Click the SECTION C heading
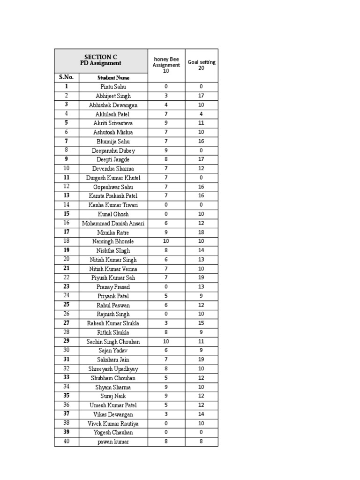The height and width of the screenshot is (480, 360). click(101, 57)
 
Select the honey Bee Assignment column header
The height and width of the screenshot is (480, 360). click(166, 65)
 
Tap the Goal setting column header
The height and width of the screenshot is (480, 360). click(202, 65)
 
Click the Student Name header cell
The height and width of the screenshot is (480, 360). click(113, 78)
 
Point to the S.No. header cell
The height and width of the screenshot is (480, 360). click(67, 77)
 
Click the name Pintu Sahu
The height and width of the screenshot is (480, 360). click(113, 87)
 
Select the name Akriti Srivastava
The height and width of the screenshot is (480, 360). click(113, 123)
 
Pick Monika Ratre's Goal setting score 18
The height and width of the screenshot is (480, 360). click(201, 232)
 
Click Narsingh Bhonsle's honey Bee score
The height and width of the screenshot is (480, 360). click(166, 241)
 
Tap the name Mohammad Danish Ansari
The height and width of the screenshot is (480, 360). click(113, 224)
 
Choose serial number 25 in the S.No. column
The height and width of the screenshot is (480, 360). click(67, 305)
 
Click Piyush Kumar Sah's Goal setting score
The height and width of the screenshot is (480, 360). click(201, 278)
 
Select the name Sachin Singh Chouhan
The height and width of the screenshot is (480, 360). click(113, 342)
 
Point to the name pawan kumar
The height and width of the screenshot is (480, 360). click(113, 442)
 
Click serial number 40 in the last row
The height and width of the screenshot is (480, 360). click(67, 442)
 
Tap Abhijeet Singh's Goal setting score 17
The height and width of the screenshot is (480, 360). click(201, 96)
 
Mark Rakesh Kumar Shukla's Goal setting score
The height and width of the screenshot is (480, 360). click(201, 323)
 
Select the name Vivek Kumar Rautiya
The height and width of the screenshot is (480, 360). click(113, 424)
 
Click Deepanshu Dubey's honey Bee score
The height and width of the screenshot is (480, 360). click(166, 150)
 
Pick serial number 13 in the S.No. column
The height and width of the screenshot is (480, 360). click(67, 196)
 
